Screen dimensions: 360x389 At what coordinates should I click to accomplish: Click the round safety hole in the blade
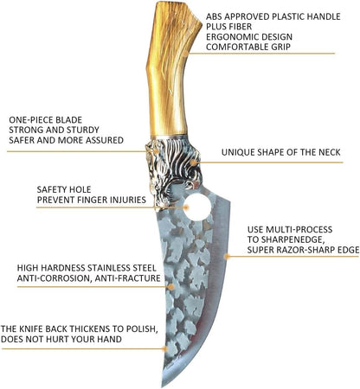click(198, 207)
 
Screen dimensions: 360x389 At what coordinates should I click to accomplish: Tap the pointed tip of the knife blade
click(163, 386)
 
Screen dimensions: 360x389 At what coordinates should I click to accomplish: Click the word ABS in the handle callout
click(214, 16)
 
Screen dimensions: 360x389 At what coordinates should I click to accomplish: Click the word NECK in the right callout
click(330, 152)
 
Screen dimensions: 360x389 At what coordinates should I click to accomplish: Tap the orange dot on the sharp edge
click(227, 256)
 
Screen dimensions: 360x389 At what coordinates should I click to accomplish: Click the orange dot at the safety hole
click(186, 207)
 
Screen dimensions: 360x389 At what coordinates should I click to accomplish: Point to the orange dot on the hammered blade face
click(170, 287)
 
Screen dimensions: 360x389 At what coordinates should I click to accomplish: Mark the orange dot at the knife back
click(164, 349)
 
